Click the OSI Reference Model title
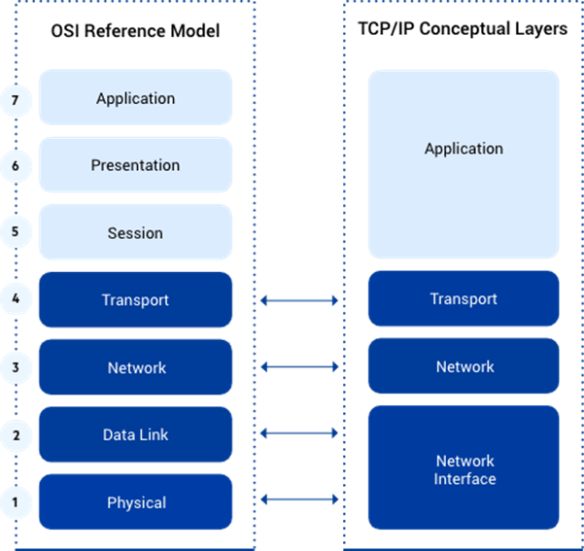point(135,31)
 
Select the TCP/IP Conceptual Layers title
point(463,29)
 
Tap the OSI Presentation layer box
point(135,165)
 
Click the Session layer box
point(135,233)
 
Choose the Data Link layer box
point(135,434)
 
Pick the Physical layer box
point(135,502)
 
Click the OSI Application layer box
point(135,98)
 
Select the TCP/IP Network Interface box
point(464,468)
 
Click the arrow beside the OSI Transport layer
point(299,300)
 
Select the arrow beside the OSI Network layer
point(299,367)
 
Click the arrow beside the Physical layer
point(299,499)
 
